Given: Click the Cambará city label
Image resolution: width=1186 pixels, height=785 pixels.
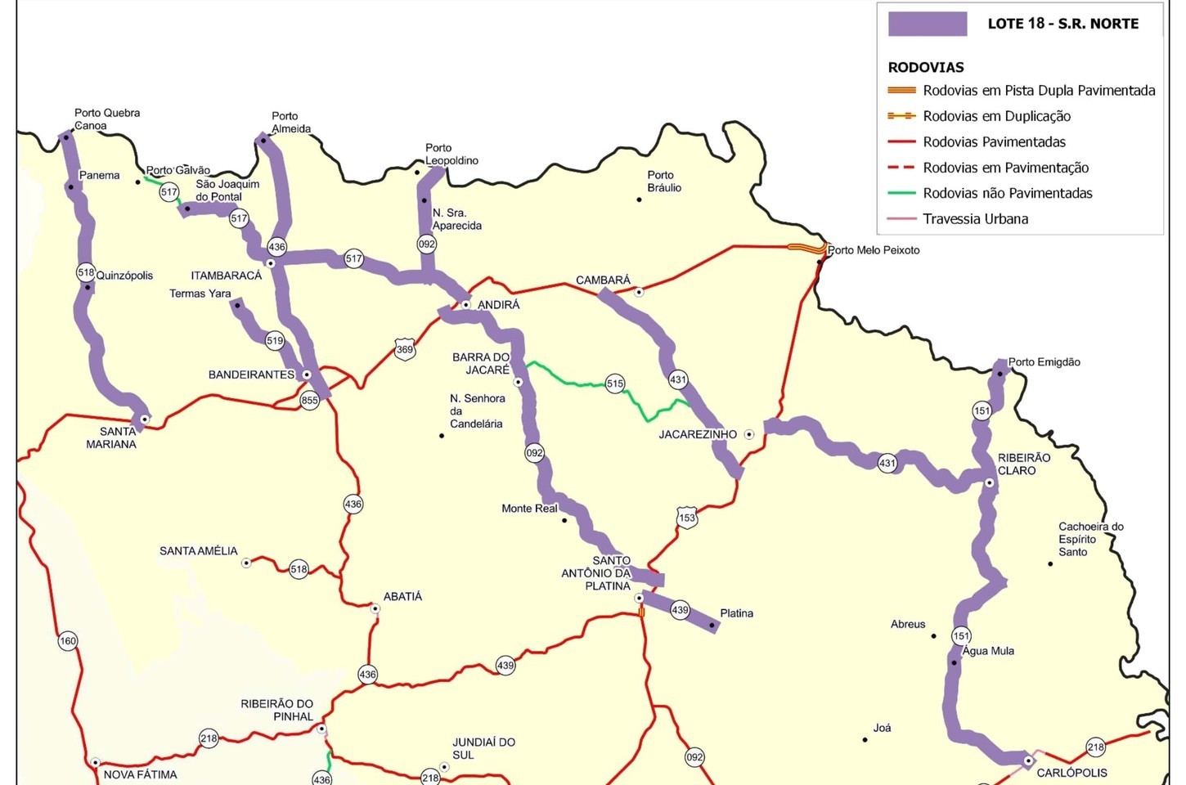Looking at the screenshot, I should coord(603,280).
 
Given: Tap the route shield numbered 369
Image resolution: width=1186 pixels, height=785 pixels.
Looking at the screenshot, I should coord(405,349).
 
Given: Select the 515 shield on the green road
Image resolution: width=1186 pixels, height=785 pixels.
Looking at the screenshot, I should coord(615,384).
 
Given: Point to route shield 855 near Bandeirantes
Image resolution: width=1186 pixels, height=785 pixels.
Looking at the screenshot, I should coord(309,400).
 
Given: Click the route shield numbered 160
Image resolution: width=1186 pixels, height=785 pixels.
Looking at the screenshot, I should coord(68,641).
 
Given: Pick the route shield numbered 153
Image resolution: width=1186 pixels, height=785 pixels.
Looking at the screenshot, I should coord(687,518).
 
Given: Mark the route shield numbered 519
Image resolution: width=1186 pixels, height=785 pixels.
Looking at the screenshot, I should coord(275,341).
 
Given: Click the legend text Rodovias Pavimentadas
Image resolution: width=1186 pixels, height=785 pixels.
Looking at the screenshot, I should coord(994,142).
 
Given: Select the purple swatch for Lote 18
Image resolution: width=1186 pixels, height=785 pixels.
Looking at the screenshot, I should coord(927,24).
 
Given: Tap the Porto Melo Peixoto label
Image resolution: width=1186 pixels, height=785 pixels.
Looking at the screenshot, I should coord(874,250).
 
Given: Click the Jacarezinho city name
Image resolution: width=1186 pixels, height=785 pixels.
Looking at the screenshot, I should coord(698,434).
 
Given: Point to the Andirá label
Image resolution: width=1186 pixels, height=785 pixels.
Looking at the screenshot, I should coord(498,305).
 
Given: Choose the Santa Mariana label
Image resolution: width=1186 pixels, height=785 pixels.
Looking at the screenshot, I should coord(112,437).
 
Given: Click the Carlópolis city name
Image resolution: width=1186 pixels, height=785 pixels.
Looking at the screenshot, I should coord(1071,773).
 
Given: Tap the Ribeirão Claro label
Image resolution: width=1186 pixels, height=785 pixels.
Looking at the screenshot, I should coord(1023,464).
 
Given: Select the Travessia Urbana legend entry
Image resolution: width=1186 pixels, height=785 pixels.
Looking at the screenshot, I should coord(975,219).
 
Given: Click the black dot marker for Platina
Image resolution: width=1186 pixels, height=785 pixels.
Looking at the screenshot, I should coord(712,626).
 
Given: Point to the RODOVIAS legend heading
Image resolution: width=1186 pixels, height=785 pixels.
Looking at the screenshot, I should coord(926,68).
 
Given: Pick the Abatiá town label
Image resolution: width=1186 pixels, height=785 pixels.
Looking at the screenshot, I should coord(402,597).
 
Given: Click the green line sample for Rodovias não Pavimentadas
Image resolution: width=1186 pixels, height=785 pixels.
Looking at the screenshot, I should coord(901,194).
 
